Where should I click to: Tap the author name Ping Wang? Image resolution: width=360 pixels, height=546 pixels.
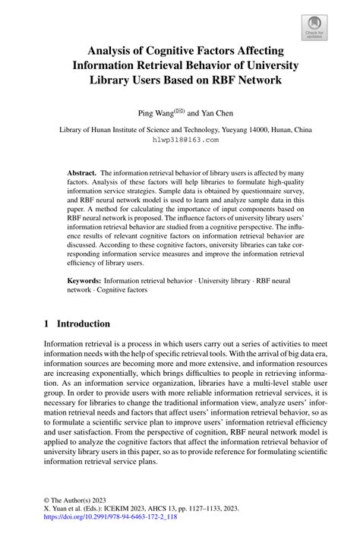click(x=156, y=112)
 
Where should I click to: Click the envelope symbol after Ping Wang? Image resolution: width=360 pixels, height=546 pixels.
click(x=180, y=109)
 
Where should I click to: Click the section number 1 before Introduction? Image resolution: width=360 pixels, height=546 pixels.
click(x=47, y=323)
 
